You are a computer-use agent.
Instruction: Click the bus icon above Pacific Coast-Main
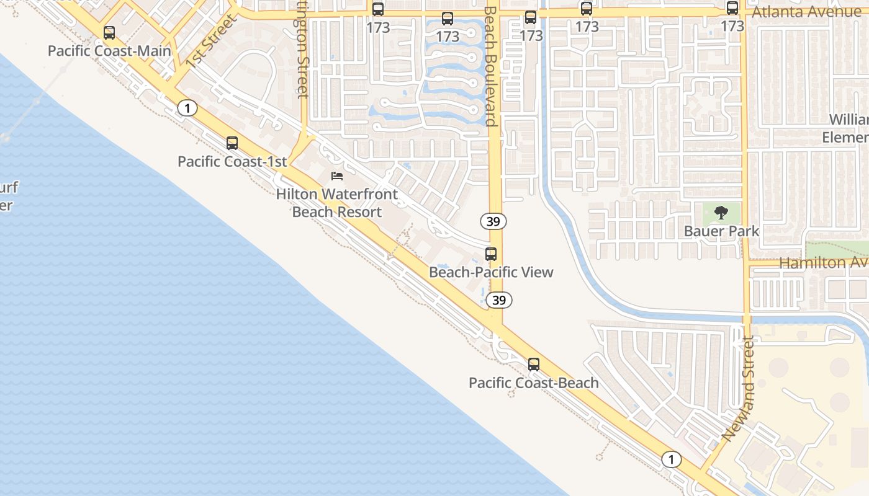pyautogui.click(x=109, y=33)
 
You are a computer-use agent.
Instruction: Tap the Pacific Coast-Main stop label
pyautogui.click(x=109, y=51)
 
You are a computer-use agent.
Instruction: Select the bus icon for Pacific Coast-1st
pyautogui.click(x=232, y=143)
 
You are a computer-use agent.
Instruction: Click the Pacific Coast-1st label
pyautogui.click(x=232, y=162)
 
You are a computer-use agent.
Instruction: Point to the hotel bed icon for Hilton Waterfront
pyautogui.click(x=337, y=176)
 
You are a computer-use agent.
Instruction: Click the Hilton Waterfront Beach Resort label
pyautogui.click(x=337, y=203)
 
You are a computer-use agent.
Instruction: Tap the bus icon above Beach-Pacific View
pyautogui.click(x=491, y=254)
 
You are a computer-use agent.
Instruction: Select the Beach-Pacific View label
pyautogui.click(x=491, y=272)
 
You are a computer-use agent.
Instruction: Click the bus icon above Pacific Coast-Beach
pyautogui.click(x=534, y=365)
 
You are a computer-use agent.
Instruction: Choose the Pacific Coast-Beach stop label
pyautogui.click(x=534, y=383)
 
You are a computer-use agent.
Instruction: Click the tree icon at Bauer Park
pyautogui.click(x=721, y=213)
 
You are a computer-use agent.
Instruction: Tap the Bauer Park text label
pyautogui.click(x=721, y=231)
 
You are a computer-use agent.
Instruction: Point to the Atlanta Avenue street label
pyautogui.click(x=806, y=12)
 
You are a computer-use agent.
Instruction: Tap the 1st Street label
pyautogui.click(x=211, y=40)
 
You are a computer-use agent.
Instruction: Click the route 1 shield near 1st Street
pyautogui.click(x=187, y=108)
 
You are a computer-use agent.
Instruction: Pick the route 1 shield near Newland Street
pyautogui.click(x=671, y=459)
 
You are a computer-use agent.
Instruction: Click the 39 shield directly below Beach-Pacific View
pyautogui.click(x=498, y=301)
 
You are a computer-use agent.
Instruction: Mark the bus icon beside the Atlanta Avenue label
pyautogui.click(x=732, y=9)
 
